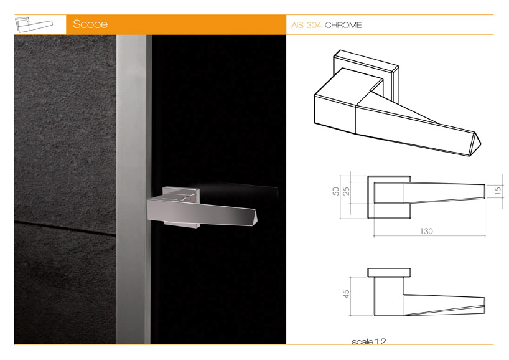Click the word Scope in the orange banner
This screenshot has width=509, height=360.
[x=90, y=24]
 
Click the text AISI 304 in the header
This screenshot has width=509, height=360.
[x=306, y=25]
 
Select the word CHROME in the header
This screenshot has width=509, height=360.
[x=343, y=25]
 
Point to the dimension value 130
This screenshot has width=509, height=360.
[x=426, y=231]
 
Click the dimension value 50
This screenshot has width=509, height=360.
[x=335, y=191]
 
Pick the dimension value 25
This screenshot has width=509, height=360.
[x=347, y=191]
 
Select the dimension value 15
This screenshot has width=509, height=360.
[x=498, y=191]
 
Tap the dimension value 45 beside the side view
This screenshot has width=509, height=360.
[x=347, y=294]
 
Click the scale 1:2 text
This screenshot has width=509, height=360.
[x=369, y=341]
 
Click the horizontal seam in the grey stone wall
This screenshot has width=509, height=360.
[x=65, y=227]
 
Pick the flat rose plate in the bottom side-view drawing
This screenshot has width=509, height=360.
[x=389, y=273]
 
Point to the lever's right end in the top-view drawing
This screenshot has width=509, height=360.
[x=485, y=191]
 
